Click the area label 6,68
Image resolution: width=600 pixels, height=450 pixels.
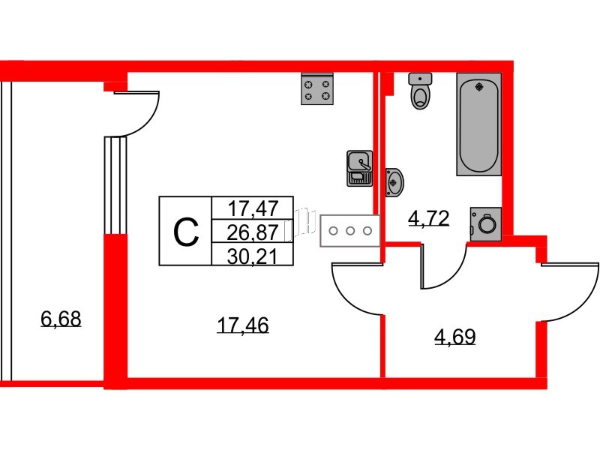[x=60, y=320]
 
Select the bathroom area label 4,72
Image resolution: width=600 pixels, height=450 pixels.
[x=427, y=218]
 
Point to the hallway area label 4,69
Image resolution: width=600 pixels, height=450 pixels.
[x=455, y=337]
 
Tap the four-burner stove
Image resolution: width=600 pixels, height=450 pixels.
[x=317, y=89]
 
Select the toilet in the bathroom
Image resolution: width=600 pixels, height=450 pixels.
[x=421, y=91]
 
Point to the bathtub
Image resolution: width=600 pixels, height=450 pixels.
[x=478, y=124]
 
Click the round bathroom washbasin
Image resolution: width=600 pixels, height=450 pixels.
[x=394, y=181]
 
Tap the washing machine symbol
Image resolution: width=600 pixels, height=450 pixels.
[x=485, y=223]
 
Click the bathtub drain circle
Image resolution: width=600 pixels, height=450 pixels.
[x=478, y=87]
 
